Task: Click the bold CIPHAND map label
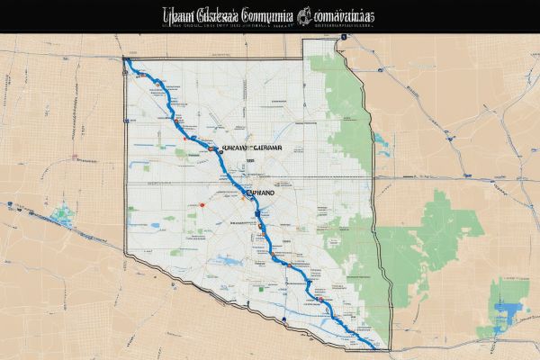pos(261,192)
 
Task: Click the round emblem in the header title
pos(302,14)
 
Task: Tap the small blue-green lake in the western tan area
pos(63,215)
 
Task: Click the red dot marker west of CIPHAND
pos(204,203)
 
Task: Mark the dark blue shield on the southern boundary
pos(283,319)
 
